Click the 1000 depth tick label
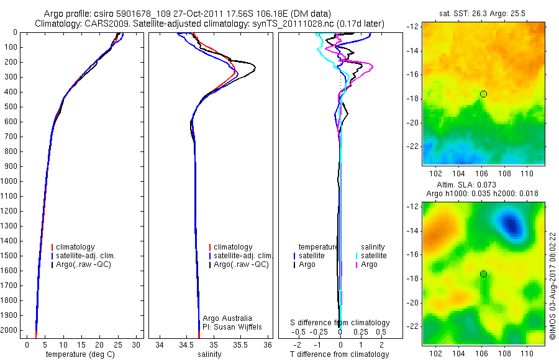[x=9, y=181]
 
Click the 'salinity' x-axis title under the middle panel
[x=209, y=354]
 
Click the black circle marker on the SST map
[x=483, y=94]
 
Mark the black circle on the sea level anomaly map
[x=483, y=274]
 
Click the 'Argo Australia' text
[x=227, y=318]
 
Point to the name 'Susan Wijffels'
[x=239, y=326]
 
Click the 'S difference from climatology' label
[x=340, y=323]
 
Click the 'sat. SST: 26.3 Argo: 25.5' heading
[x=484, y=14]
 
